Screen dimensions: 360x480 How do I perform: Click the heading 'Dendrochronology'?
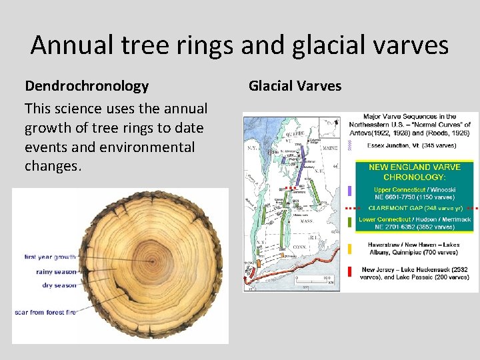(87, 86)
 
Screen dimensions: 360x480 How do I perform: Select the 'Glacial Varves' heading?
(295, 86)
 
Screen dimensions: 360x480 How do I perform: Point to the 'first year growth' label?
(50, 257)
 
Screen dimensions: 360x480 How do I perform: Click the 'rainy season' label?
(56, 271)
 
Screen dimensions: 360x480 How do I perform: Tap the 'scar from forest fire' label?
(45, 312)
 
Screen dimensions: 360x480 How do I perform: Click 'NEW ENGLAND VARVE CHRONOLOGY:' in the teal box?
(414, 171)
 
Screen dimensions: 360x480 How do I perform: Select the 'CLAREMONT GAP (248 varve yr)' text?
(414, 208)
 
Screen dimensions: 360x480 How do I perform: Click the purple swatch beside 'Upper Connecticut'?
(350, 191)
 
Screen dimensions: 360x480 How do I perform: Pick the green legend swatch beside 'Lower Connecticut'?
(350, 221)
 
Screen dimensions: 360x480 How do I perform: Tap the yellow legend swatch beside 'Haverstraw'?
(350, 249)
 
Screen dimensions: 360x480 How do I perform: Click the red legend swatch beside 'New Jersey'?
(350, 272)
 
